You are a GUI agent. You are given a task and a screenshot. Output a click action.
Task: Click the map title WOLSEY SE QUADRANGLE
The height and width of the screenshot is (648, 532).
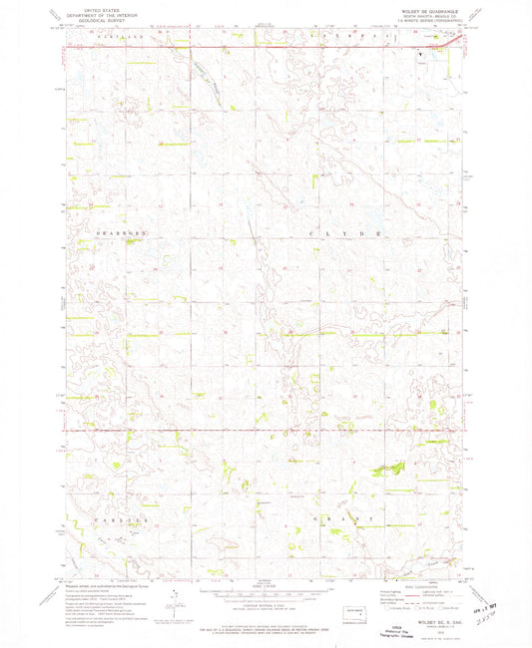(427, 7)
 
